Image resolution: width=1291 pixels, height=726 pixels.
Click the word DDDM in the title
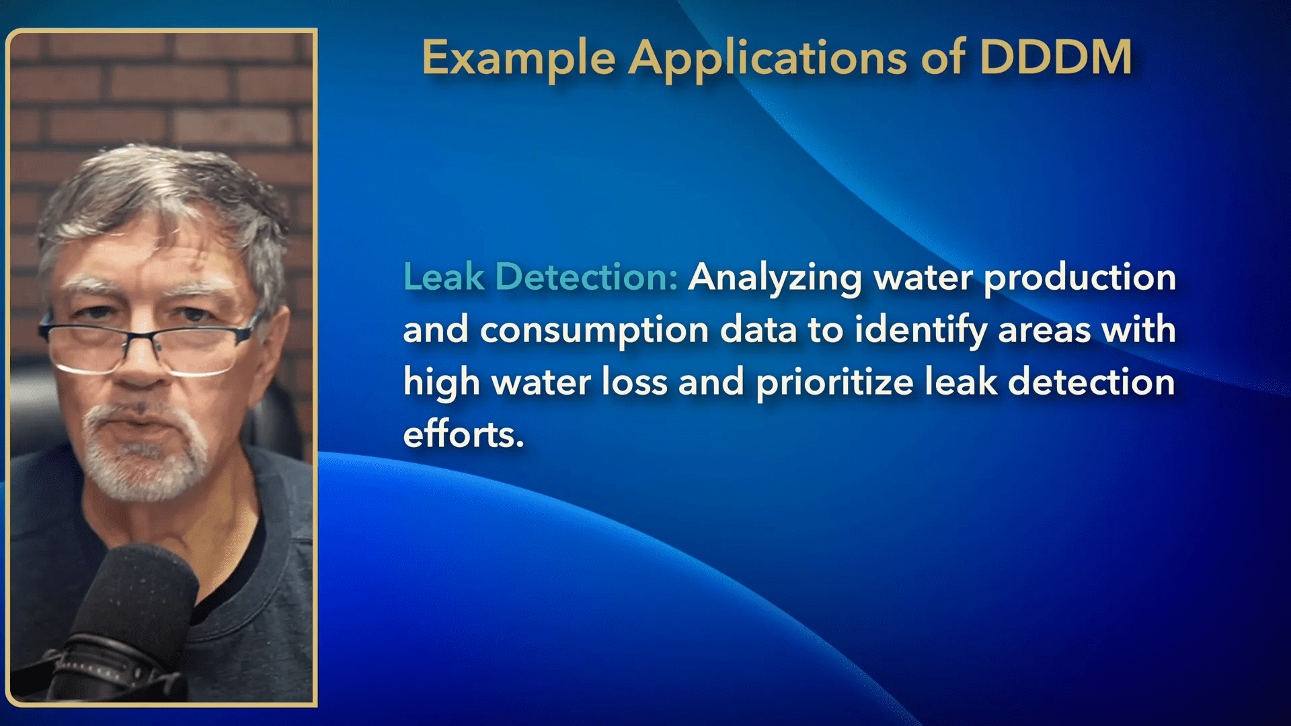[x=1056, y=58]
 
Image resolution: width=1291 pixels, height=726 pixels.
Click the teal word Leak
[x=444, y=276]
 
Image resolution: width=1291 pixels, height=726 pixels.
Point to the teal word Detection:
[x=587, y=276]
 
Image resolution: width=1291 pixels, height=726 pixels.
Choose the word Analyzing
[x=775, y=279]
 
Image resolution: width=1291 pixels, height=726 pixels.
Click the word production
[x=1080, y=279]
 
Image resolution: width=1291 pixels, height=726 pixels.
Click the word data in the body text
[x=758, y=330]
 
